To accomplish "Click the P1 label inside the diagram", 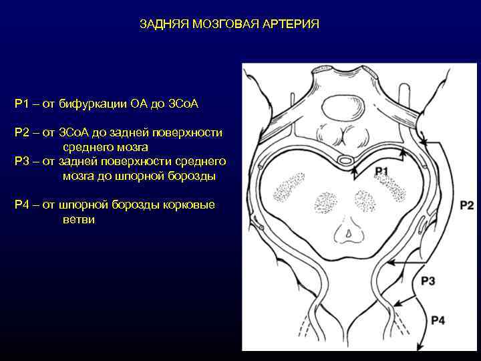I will [381, 172].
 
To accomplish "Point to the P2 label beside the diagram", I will [466, 205].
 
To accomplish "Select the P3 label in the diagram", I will [428, 281].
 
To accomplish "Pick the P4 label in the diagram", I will [438, 321].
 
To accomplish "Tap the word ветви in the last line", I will [79, 219].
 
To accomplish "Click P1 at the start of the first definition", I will [22, 104].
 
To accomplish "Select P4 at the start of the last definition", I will [22, 205].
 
